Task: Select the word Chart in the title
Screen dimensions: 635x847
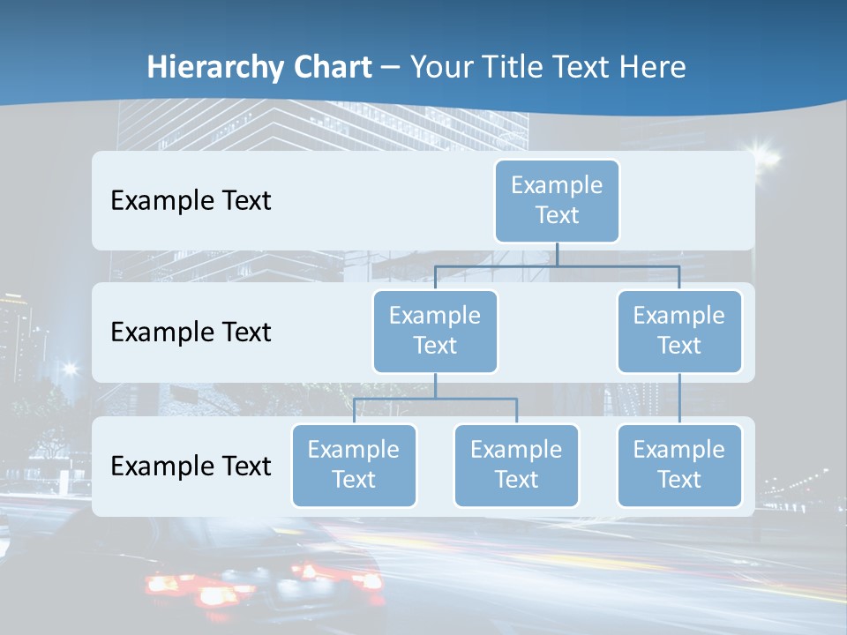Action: pyautogui.click(x=333, y=68)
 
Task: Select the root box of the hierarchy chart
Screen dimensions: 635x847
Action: pyautogui.click(x=557, y=201)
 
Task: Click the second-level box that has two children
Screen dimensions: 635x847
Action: pyautogui.click(x=435, y=332)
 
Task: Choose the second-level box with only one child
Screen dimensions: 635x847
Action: pyautogui.click(x=679, y=332)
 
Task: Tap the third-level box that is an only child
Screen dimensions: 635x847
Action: pyautogui.click(x=679, y=466)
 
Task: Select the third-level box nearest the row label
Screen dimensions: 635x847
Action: pyautogui.click(x=354, y=466)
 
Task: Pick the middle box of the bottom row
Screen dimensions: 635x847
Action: pyautogui.click(x=516, y=466)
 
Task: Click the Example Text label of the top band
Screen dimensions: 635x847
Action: pyautogui.click(x=191, y=201)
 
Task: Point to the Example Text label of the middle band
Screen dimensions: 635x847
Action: pyautogui.click(x=191, y=332)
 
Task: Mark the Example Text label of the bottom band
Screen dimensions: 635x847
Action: pyautogui.click(x=191, y=466)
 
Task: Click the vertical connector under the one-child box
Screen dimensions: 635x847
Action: pyautogui.click(x=679, y=398)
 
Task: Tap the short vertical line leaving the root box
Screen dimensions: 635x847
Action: pyautogui.click(x=557, y=254)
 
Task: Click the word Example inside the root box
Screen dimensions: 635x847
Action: pyautogui.click(x=557, y=185)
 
